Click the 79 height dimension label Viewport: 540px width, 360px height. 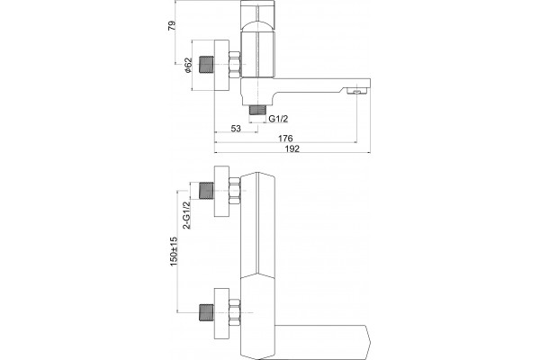coord(172,26)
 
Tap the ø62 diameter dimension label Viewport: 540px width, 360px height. coord(188,65)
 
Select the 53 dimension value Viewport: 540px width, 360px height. coord(236,129)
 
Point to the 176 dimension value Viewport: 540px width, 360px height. coord(285,139)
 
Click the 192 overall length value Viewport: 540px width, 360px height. coord(292,148)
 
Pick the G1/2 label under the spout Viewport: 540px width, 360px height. coord(278,119)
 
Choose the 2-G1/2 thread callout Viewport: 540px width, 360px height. coord(186,215)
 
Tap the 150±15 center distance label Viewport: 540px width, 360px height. coord(173,251)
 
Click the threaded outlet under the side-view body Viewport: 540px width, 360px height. coord(258,110)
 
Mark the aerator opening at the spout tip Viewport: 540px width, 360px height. coord(357,91)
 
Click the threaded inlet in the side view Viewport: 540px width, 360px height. coord(207,65)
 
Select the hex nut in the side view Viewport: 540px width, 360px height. coord(235,65)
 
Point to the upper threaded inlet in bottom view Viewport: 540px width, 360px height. coord(207,191)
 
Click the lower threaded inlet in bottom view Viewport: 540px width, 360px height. coord(207,313)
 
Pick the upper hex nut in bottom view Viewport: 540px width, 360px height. coord(235,191)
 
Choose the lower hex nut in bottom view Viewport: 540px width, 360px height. coord(235,313)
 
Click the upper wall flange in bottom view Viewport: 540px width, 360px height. coord(221,191)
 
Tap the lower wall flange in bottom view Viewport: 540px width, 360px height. coord(221,313)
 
